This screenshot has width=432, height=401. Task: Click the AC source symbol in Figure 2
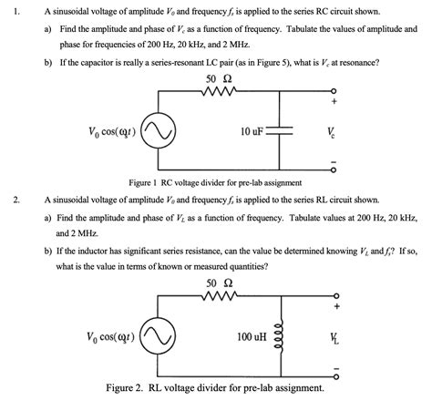177,337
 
